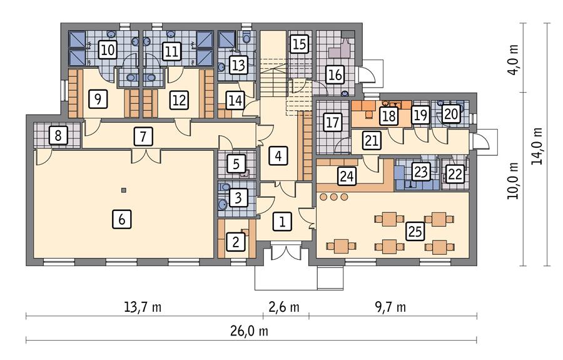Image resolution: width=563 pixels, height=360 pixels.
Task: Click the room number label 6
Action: click(x=123, y=219)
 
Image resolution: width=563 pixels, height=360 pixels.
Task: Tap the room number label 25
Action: click(x=413, y=231)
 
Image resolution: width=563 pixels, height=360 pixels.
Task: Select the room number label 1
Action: click(x=282, y=221)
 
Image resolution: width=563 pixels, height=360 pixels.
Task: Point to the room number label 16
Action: click(x=335, y=75)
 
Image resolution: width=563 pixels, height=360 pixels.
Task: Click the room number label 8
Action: click(x=58, y=135)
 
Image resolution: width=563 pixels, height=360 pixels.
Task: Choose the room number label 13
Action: click(x=238, y=64)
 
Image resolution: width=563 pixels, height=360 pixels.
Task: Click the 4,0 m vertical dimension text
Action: click(x=515, y=58)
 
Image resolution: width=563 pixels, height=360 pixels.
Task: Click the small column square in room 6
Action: click(x=124, y=190)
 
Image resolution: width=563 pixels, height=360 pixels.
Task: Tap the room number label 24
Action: click(x=346, y=177)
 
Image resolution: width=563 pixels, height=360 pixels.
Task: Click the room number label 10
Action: click(x=108, y=51)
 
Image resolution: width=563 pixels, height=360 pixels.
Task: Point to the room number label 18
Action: click(x=388, y=115)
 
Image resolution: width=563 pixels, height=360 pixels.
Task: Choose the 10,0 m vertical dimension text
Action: click(x=515, y=180)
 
